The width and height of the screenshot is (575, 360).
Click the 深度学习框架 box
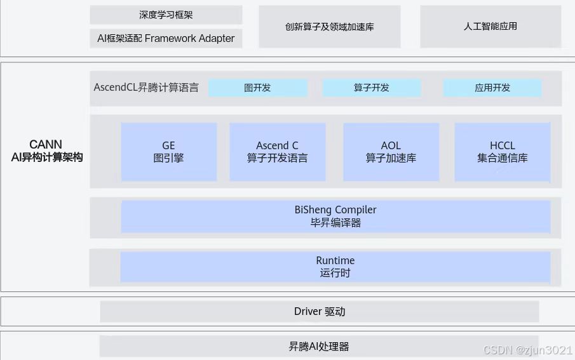pos(166,15)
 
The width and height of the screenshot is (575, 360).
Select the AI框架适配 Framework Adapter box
pos(166,38)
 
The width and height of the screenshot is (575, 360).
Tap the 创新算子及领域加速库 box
pos(329,27)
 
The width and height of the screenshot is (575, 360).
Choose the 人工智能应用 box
pos(490,27)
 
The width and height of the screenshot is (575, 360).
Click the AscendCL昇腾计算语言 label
pos(146,88)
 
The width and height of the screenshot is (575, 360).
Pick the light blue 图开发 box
pos(257,88)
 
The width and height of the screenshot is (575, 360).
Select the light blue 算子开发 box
pos(372,88)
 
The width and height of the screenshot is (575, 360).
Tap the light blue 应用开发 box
pos(492,88)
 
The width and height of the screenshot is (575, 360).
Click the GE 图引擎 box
pos(168,152)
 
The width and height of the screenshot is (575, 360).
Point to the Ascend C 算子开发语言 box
pos(277,152)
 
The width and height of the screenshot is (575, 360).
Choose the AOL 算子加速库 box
pos(391,152)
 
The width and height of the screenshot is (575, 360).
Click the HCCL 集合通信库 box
pos(502,152)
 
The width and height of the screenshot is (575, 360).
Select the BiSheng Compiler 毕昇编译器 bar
pos(335,216)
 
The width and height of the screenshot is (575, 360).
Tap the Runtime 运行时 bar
pos(335,267)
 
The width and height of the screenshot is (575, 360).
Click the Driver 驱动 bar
pos(320,311)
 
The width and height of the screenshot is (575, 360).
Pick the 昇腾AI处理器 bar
pos(319,347)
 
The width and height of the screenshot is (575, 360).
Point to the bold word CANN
pos(46,145)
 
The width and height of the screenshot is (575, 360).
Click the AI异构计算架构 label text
pos(46,157)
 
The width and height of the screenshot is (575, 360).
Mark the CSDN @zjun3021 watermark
pos(527,350)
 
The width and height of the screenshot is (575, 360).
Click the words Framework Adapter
pos(189,38)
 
